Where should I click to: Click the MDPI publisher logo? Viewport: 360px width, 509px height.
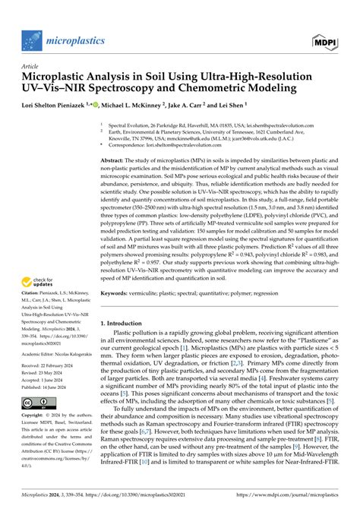327,38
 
